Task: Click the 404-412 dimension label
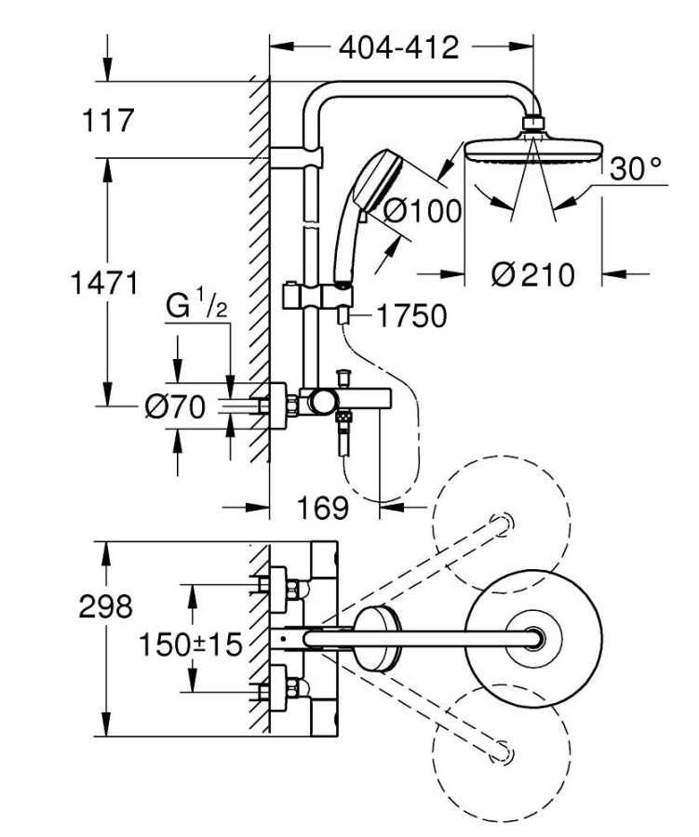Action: pos(399,46)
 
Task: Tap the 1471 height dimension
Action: pos(105,282)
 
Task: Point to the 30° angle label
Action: pos(636,168)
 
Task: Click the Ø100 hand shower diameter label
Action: pos(423,212)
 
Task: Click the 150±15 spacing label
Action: pos(190,642)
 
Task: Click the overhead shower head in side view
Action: pos(531,149)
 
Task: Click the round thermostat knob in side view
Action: pos(323,403)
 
